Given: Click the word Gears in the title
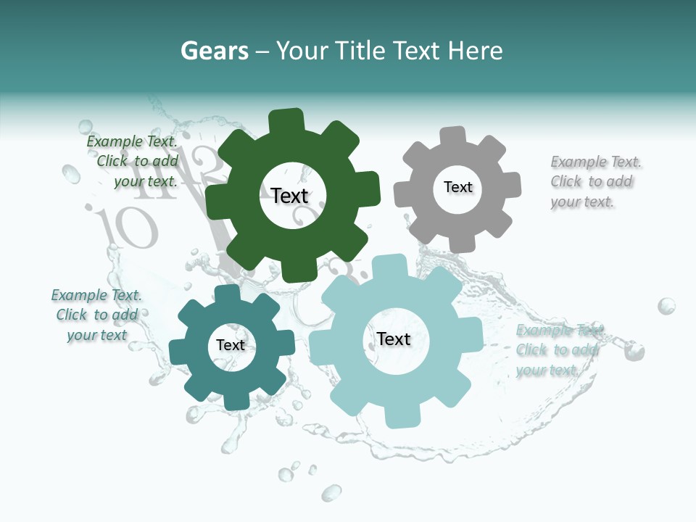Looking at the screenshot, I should pos(214,51).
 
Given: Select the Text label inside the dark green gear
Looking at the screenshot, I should pos(289,196).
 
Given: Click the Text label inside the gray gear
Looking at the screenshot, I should pos(457,187).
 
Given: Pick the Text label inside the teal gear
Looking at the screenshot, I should pos(231,345).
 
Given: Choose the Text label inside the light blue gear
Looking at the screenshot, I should pos(394,339).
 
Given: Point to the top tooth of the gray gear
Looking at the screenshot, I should pos(453,137).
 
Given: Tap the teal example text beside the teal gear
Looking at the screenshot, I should pos(96,315).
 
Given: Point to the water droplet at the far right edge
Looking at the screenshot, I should pos(666,305).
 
